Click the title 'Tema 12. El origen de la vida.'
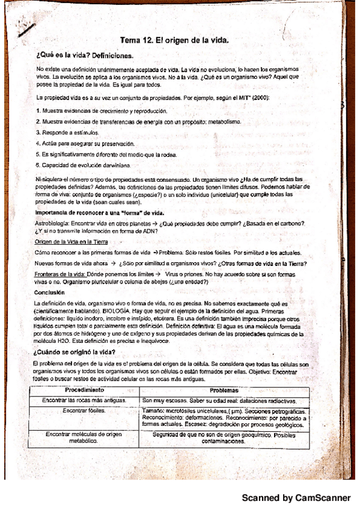coord(175,40)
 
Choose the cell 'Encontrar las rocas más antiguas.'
coord(84,400)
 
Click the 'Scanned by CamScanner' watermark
coord(296,499)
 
